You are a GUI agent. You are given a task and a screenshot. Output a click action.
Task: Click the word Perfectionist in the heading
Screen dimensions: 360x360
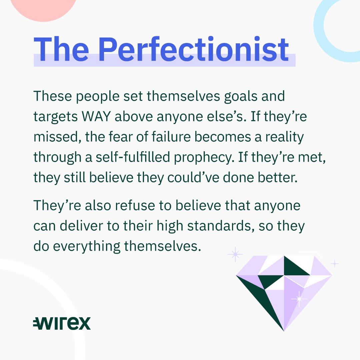pos(194,49)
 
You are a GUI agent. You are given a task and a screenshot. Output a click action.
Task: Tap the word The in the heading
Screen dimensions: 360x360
pos(61,49)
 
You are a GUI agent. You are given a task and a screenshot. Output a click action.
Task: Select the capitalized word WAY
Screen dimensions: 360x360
pos(96,116)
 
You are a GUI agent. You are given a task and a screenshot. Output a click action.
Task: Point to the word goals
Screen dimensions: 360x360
pos(241,96)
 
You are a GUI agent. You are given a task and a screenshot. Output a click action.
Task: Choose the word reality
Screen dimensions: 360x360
pos(284,137)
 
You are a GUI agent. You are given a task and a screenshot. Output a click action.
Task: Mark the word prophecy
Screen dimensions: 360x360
pos(204,158)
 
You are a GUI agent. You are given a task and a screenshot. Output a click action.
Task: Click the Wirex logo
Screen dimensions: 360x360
pos(62,323)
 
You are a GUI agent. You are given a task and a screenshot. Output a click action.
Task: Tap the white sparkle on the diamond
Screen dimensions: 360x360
pos(299,299)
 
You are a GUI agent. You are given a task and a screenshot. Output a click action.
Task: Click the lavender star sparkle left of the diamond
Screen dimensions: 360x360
pos(235,254)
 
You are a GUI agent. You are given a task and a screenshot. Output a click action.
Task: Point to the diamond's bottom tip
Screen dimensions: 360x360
pos(284,331)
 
